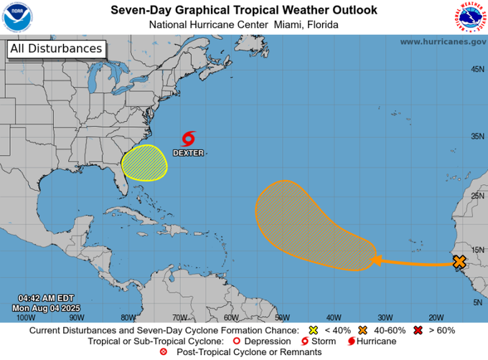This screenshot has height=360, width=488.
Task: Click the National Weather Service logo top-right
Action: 469,17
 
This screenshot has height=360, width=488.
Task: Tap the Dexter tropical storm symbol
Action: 189,138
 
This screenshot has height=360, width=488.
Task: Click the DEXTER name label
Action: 188,153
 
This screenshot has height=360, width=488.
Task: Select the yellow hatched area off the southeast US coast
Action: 144,162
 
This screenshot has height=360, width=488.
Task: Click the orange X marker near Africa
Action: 459,262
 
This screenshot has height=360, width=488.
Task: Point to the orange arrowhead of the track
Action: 375,260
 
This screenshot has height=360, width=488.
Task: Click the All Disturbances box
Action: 57,49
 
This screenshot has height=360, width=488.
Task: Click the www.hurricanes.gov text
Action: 443,42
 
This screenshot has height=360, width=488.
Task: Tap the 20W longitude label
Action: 435,317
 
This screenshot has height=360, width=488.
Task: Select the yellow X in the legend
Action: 312,331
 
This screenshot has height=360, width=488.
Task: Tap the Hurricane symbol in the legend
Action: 351,341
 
